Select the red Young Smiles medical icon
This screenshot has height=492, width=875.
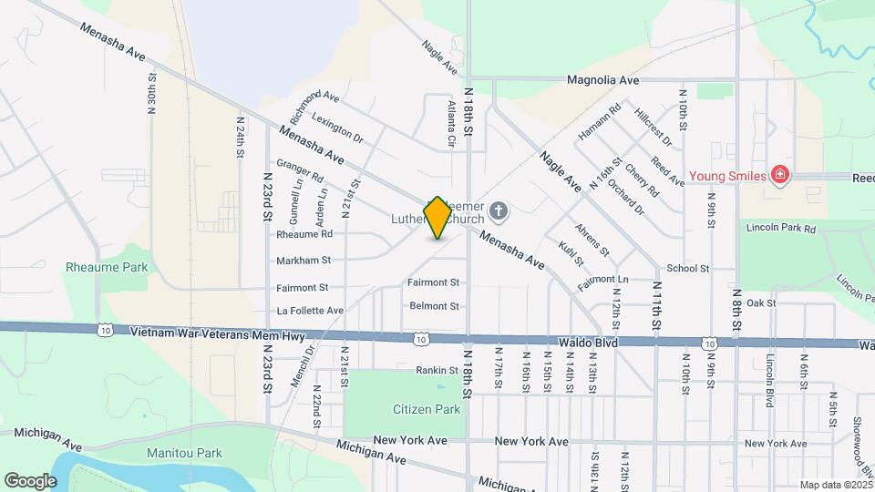778,174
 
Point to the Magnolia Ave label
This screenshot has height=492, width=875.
602,80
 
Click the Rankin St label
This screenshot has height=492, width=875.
437,370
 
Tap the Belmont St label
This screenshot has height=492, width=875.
434,306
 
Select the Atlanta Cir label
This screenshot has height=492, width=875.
450,124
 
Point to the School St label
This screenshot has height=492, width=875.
687,268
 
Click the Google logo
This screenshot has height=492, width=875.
30,480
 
